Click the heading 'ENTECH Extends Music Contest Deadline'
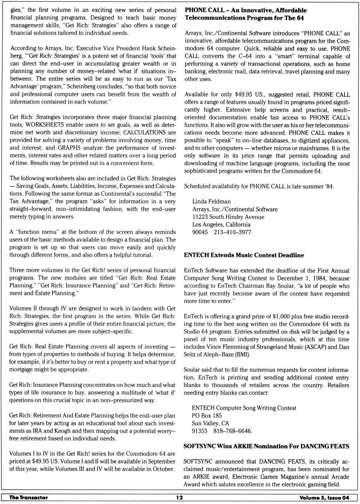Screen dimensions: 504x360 pyautogui.click(x=244, y=255)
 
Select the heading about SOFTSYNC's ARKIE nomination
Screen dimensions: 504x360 pyautogui.click(x=266, y=446)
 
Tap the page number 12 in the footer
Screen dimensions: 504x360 pyautogui.click(x=180, y=498)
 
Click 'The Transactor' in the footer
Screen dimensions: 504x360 pyautogui.click(x=28, y=498)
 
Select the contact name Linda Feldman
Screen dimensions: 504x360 pyautogui.click(x=211, y=202)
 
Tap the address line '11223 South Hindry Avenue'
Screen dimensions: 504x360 pyautogui.click(x=228, y=217)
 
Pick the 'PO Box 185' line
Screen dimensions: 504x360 pyautogui.click(x=207, y=416)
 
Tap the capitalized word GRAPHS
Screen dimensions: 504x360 pyautogui.click(x=69, y=148)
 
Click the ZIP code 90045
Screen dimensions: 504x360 pyautogui.click(x=200, y=232)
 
